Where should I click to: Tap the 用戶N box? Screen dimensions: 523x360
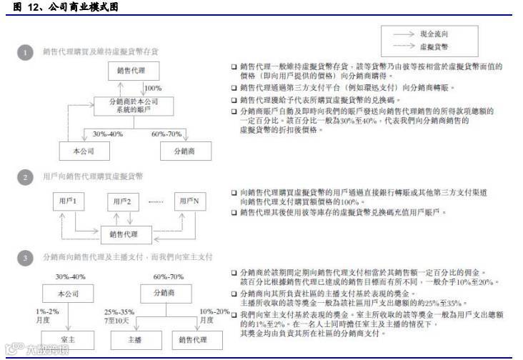click(191, 203)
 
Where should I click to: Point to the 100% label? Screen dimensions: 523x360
click(154, 88)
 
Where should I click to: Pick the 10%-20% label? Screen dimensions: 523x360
click(214, 311)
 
